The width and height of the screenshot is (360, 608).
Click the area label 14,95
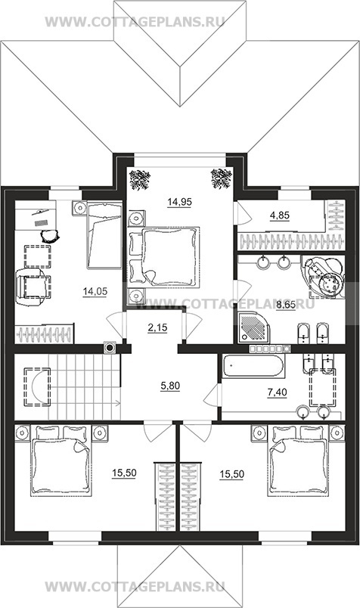[179, 202]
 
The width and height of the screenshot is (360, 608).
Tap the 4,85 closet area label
[280, 216]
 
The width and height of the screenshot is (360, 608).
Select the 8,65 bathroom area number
[286, 306]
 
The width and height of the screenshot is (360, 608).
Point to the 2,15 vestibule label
[157, 327]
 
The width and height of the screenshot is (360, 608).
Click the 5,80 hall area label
[169, 386]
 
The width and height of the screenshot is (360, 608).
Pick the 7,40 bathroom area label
[277, 392]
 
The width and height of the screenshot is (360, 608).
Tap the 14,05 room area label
[95, 291]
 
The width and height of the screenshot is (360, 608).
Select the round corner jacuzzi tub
[324, 276]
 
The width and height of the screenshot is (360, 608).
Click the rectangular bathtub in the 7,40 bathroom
[253, 366]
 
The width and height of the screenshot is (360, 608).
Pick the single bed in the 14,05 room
[104, 235]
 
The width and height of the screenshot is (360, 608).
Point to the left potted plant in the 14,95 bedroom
[140, 179]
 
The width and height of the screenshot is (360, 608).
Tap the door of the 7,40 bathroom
[212, 396]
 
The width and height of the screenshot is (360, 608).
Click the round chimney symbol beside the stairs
[110, 347]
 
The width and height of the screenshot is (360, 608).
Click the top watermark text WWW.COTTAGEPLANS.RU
[135, 22]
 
